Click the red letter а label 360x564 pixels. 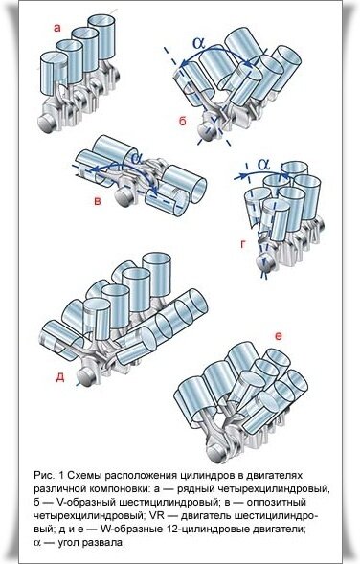[56, 28]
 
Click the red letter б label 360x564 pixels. [183, 122]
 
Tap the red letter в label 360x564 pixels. [98, 201]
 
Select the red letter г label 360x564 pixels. [243, 244]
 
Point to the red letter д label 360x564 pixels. [60, 377]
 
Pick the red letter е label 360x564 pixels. [278, 336]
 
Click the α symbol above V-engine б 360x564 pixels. [198, 43]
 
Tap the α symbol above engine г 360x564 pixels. [263, 165]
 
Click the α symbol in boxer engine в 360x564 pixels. [137, 158]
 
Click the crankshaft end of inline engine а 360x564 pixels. [48, 123]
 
